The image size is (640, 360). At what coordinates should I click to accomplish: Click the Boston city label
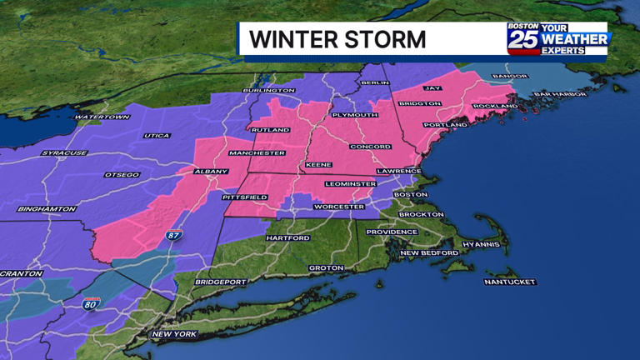411,194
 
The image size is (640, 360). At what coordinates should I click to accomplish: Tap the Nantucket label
509,282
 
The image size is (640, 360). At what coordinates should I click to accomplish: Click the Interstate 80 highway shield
91,304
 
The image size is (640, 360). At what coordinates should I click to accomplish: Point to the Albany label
211,172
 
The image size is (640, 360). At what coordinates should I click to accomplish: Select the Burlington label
268,90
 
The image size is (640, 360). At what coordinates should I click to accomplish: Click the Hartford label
288,237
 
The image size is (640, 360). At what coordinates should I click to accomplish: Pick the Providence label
392,232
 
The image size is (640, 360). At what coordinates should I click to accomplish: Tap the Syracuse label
65,153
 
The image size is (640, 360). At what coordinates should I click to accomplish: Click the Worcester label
339,206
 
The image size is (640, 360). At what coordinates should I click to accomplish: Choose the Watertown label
102,117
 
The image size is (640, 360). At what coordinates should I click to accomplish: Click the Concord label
371,147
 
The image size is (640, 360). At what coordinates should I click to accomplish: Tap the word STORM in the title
390,39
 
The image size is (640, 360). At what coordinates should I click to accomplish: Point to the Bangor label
510,77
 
